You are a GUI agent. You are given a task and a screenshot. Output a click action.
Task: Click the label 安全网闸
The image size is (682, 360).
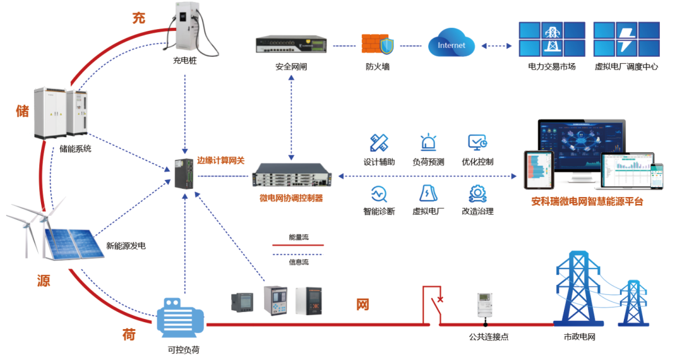tap(291, 66)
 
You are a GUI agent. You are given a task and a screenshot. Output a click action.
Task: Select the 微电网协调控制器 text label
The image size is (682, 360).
tap(291, 198)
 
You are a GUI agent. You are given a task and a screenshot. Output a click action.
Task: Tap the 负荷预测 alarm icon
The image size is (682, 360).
tap(428, 143)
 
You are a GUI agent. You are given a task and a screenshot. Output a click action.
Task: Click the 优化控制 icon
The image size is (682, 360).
tap(477, 143)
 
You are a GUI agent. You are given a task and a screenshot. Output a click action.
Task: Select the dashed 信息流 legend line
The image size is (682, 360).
tap(298, 254)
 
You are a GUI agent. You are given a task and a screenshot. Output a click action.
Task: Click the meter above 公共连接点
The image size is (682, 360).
tap(484, 305)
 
